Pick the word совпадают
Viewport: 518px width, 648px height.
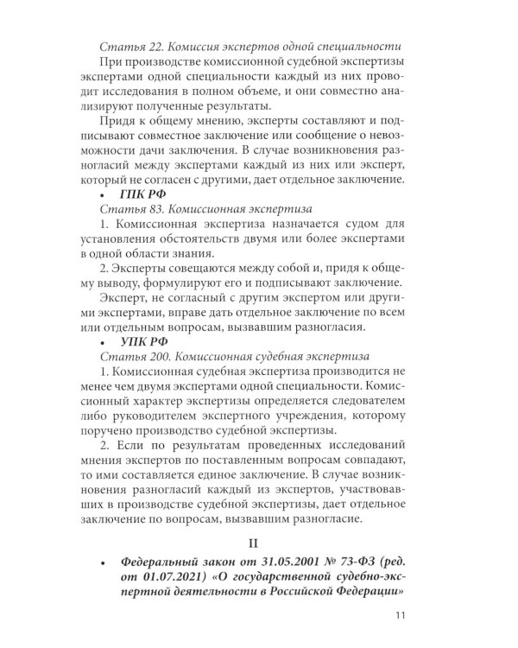[373, 476]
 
